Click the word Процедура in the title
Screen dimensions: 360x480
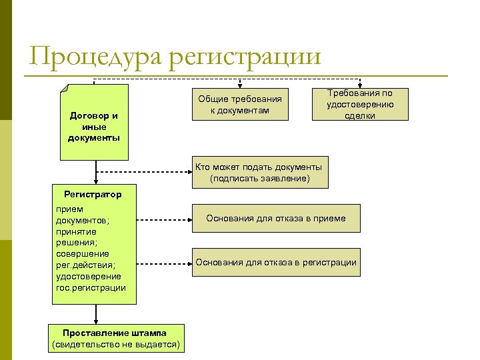pos(94,56)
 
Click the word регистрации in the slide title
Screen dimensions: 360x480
pos(245,56)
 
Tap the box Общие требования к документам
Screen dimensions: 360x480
pos(241,104)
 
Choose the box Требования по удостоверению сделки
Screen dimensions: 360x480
pos(360,104)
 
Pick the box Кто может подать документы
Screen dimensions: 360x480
pos(260,172)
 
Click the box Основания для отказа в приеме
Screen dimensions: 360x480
pos(276,219)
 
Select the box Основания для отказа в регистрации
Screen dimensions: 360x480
pos(276,262)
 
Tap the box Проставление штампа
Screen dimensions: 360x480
pos(117,338)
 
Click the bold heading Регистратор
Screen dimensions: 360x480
pos(93,195)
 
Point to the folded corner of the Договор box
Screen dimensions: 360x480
pos(65,89)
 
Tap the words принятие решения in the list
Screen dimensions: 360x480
pos(76,237)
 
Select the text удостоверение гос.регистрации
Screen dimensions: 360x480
pos(91,282)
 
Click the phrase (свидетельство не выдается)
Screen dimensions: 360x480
pos(117,345)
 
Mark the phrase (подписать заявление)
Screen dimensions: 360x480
pos(260,179)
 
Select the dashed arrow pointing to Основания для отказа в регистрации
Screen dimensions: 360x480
pos(164,262)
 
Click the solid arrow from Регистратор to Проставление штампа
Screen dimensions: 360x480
pos(97,313)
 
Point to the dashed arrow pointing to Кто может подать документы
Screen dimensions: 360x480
pos(143,171)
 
